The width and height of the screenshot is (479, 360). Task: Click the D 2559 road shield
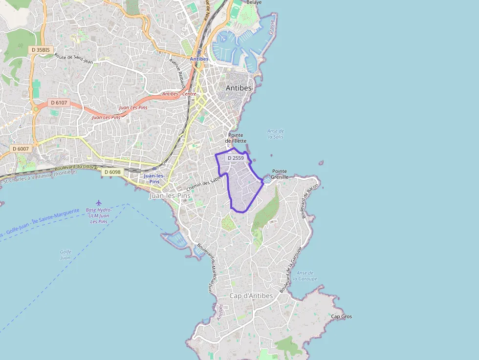point(236,158)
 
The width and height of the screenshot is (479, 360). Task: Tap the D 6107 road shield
point(59,103)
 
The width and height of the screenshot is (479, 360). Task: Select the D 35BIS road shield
point(41,49)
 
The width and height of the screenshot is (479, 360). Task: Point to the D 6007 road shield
point(21,148)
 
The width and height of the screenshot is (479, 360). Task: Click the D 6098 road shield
point(112,172)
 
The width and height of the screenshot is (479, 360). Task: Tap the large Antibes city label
point(239,88)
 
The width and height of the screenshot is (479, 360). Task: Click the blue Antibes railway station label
point(199,59)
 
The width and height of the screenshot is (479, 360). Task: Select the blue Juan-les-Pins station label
point(154,178)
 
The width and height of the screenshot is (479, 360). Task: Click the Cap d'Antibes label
point(251,296)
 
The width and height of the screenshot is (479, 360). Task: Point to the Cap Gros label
point(341,317)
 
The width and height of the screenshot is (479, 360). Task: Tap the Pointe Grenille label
point(280,174)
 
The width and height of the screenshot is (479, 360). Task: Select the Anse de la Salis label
point(276,133)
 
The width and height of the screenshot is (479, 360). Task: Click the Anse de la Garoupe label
point(306,276)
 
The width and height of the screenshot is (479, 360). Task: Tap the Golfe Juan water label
point(65,254)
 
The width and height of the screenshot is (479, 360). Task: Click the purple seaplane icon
point(99,202)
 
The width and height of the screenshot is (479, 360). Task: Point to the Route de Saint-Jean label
point(73,59)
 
